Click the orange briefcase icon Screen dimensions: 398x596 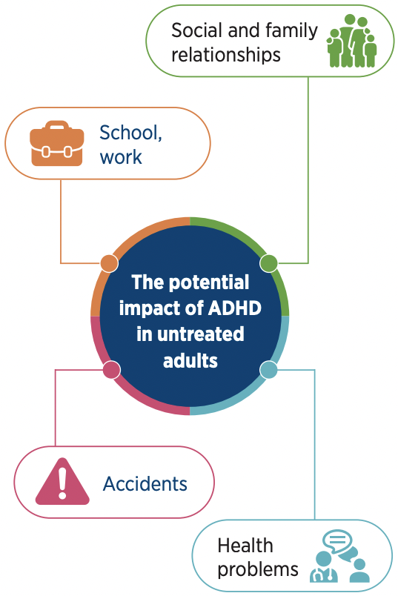(x=56, y=143)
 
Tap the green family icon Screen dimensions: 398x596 (x=352, y=41)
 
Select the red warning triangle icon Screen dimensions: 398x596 (x=62, y=481)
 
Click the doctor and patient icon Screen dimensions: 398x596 (x=339, y=556)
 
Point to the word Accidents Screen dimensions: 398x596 (x=145, y=484)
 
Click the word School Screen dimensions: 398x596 (x=130, y=133)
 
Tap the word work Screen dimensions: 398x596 (x=121, y=157)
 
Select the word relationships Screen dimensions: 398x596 (x=226, y=55)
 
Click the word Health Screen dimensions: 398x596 (x=245, y=546)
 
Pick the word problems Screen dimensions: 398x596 (x=258, y=570)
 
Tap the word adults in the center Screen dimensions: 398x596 (x=190, y=360)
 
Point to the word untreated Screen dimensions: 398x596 (x=200, y=334)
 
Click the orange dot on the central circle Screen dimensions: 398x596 (x=110, y=263)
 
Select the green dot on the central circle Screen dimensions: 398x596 (x=269, y=263)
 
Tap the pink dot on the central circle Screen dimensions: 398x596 (x=112, y=370)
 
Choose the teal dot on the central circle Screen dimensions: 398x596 (x=269, y=370)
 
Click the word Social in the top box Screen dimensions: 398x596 (x=196, y=30)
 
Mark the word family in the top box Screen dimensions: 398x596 (x=291, y=31)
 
